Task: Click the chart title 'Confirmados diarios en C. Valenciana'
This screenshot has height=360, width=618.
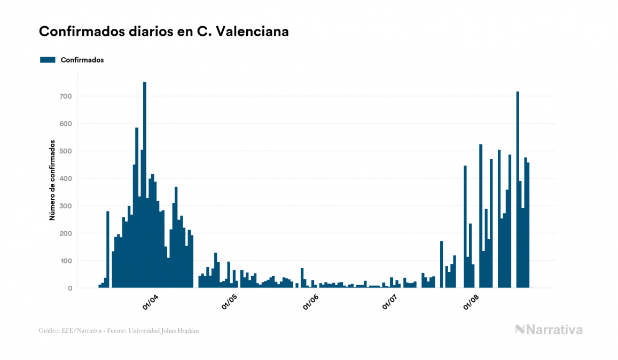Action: (164, 32)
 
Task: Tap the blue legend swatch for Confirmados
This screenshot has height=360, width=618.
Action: (48, 60)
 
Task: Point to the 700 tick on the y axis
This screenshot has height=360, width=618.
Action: (66, 96)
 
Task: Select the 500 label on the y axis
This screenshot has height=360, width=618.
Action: (66, 151)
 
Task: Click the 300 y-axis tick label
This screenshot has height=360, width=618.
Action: (66, 206)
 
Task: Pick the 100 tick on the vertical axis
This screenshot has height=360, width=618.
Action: (66, 261)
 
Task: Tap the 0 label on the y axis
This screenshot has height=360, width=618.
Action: (69, 288)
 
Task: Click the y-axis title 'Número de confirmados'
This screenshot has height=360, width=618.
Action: (52, 180)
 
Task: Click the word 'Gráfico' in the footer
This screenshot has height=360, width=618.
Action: (49, 331)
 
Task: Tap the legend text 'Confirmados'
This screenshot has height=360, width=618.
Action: (82, 60)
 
